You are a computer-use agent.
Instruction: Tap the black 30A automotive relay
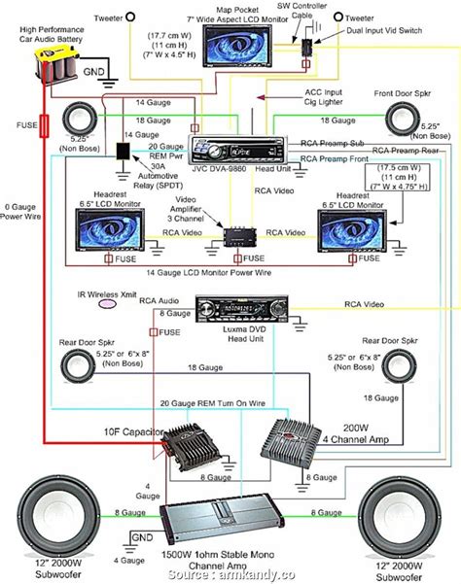[x=124, y=154]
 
